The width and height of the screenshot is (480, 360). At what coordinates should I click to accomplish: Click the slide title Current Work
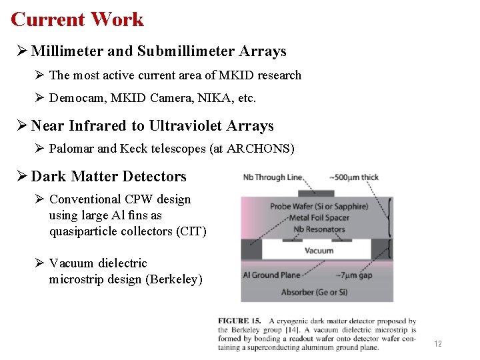tap(77, 19)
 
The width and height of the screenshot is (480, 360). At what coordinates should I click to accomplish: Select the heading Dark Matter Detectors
tap(109, 177)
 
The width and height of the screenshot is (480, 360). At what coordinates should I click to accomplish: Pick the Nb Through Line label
tap(272, 177)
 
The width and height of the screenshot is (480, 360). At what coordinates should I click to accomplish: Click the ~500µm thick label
tap(353, 177)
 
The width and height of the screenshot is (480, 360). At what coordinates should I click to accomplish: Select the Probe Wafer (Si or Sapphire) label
tap(319, 206)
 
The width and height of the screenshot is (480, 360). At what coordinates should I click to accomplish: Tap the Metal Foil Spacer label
tap(320, 218)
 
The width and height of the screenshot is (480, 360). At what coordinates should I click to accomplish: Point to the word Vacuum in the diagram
tap(319, 251)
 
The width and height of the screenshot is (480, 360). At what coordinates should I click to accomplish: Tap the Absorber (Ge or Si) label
tap(323, 292)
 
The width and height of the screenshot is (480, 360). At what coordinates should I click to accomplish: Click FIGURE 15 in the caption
tap(241, 321)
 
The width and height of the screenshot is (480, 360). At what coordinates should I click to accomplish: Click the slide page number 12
tap(438, 344)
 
